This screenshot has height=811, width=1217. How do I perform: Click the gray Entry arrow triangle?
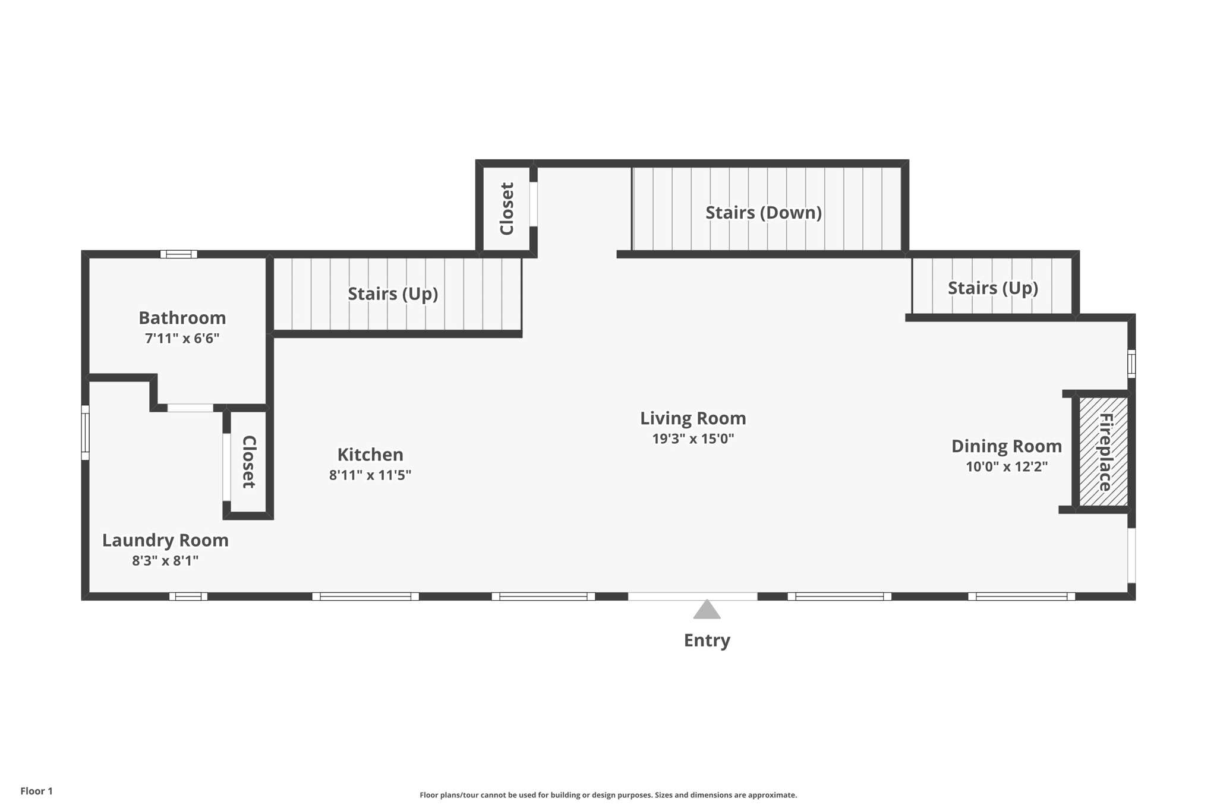[707, 611]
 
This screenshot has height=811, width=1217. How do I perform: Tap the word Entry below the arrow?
[707, 640]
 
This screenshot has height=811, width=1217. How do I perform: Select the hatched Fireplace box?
[1104, 452]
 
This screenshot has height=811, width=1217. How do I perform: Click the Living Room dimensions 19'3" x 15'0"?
[693, 439]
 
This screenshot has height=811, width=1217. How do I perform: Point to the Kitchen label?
[370, 455]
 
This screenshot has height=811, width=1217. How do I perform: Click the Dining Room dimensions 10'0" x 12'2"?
[1006, 467]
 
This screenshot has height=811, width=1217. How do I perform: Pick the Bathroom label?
[182, 318]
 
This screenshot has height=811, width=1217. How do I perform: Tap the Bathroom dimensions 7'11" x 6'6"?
[182, 339]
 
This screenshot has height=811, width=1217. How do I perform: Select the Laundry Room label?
[165, 540]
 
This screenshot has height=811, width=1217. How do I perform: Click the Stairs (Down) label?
[763, 213]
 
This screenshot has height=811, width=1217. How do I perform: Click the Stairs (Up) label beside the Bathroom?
[393, 294]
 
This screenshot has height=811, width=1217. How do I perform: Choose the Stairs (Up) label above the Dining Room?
[992, 288]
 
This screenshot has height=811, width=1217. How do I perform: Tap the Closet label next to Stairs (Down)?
[507, 209]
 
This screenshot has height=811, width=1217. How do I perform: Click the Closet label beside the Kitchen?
[249, 462]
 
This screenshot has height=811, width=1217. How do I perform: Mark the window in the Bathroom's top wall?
[179, 254]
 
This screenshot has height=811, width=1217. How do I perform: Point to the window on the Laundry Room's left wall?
[85, 433]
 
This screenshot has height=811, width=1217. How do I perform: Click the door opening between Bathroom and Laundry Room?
[190, 408]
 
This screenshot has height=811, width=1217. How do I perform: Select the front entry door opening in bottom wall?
[692, 597]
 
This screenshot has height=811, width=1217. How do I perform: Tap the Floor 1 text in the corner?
[36, 791]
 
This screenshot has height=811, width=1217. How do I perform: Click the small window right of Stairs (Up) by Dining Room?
[1131, 364]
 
